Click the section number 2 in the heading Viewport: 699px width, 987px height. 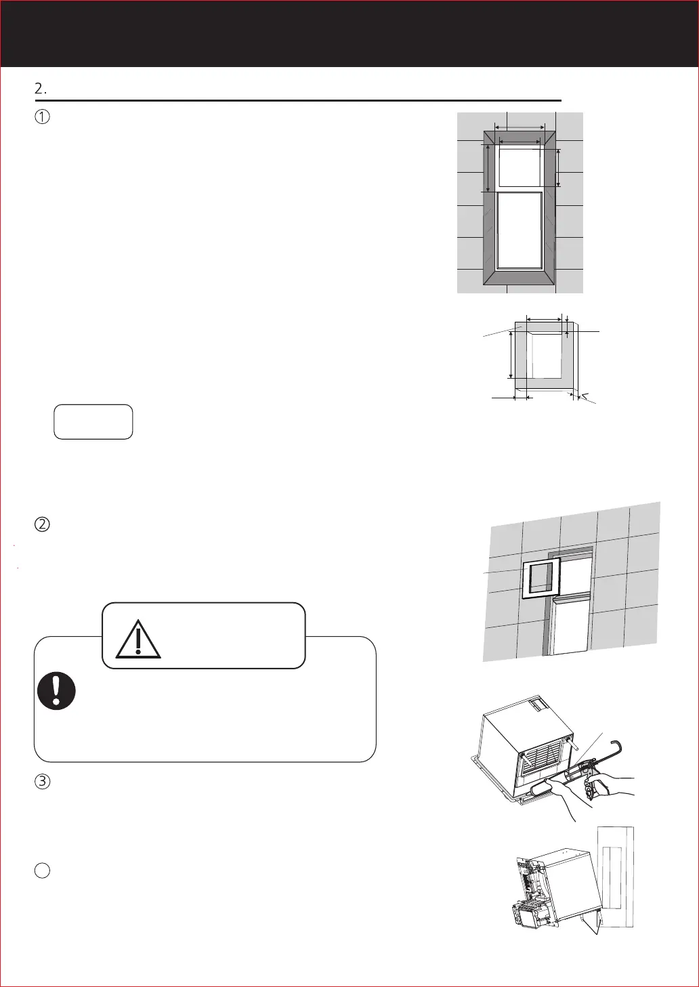(39, 89)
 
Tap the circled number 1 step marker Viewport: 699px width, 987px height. (42, 117)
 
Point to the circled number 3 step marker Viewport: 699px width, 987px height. (42, 781)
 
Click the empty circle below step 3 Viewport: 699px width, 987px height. (42, 870)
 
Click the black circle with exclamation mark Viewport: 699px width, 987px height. (57, 692)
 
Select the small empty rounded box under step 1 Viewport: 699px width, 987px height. (93, 421)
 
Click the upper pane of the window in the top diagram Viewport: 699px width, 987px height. (520, 166)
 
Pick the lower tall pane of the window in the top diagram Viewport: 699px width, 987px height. (520, 230)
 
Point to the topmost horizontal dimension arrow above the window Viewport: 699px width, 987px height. (520, 127)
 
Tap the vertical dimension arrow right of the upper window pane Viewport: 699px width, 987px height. (558, 168)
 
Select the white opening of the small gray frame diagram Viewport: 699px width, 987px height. (546, 355)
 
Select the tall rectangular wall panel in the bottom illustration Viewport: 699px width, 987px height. (616, 877)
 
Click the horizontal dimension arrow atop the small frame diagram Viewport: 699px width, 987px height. (544, 318)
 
